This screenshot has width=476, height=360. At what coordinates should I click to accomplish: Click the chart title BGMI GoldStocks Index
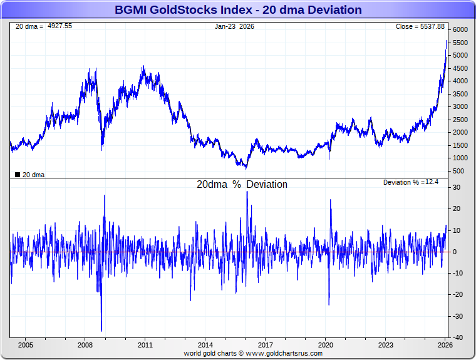click(x=238, y=10)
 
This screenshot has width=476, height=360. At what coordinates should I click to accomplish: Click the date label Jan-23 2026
click(x=235, y=26)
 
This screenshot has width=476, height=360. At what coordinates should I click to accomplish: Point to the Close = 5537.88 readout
click(x=420, y=26)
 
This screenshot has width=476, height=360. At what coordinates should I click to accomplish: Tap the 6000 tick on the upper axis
click(x=460, y=30)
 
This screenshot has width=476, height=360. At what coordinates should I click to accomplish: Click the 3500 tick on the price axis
click(x=460, y=94)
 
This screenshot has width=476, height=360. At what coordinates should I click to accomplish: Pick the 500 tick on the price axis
click(x=459, y=171)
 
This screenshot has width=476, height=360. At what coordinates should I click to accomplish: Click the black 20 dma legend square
click(x=18, y=175)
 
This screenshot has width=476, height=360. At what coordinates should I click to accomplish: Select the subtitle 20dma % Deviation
click(x=242, y=185)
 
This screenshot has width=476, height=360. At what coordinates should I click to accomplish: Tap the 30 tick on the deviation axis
click(x=457, y=187)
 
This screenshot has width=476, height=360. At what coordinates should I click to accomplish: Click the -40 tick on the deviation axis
click(x=457, y=337)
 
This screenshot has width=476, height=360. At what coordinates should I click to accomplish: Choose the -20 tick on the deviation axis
click(x=457, y=294)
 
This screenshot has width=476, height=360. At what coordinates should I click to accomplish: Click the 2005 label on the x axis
click(x=25, y=345)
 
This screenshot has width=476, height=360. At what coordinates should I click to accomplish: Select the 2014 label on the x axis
click(x=205, y=345)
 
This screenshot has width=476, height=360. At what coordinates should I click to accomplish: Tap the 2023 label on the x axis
click(x=386, y=345)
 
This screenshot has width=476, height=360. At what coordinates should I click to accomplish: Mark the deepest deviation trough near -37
click(x=101, y=331)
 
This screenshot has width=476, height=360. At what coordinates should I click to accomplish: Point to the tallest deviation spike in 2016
click(x=247, y=192)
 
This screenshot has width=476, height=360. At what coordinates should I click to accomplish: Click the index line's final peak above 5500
click(x=445, y=41)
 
